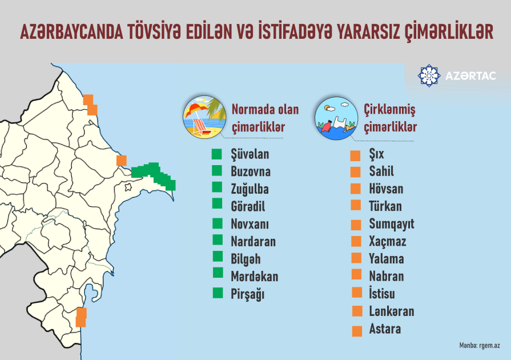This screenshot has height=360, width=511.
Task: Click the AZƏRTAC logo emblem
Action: [x=429, y=76]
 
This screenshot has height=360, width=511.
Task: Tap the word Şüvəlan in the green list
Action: [x=250, y=154]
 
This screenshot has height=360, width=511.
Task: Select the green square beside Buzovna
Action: [x=216, y=170]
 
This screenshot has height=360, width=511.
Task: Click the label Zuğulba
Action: [x=250, y=189]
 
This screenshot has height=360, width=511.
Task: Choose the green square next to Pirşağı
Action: [x=217, y=294]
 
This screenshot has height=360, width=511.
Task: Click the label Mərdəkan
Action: [x=254, y=277]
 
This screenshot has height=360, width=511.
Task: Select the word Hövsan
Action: [x=386, y=189]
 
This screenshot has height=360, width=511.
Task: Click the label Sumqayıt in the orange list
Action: [x=391, y=223]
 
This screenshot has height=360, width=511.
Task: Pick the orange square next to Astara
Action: [x=357, y=331]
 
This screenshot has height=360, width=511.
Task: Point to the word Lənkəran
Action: [x=391, y=311]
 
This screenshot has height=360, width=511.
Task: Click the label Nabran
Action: [x=386, y=276]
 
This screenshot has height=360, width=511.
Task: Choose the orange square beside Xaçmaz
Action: [x=356, y=241]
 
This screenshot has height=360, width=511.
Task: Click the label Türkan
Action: [x=385, y=206]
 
